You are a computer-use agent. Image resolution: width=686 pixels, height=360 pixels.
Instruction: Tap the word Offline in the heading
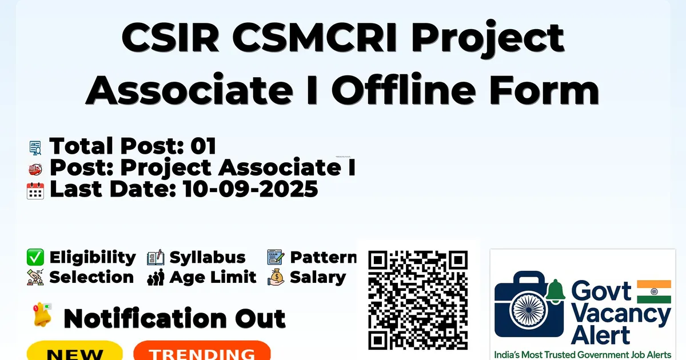click(404, 89)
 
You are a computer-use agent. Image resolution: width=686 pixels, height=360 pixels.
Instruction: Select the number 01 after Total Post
click(204, 146)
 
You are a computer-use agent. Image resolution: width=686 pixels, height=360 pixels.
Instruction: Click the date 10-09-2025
click(250, 189)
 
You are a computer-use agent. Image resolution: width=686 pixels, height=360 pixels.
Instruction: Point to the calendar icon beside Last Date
click(35, 191)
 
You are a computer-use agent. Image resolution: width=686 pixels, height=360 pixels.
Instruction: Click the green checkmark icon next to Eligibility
click(35, 257)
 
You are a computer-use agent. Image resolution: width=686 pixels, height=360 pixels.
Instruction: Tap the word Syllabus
click(208, 258)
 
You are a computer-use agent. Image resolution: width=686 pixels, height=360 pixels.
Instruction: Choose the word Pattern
click(324, 257)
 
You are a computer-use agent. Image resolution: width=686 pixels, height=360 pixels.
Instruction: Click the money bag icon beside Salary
click(276, 277)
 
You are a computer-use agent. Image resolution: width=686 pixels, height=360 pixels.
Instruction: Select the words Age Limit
click(213, 277)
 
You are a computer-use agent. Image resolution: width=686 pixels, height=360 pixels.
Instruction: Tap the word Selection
click(91, 277)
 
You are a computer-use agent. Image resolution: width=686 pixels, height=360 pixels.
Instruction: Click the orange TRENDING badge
click(202, 351)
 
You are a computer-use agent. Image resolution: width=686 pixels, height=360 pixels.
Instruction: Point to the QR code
click(418, 300)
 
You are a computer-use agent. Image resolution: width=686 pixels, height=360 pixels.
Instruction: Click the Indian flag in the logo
click(654, 291)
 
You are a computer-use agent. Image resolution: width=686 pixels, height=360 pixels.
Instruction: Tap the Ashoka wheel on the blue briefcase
click(529, 310)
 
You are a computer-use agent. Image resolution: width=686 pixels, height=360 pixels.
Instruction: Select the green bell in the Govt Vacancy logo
click(555, 291)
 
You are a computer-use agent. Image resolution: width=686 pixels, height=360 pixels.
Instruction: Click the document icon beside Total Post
click(35, 148)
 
